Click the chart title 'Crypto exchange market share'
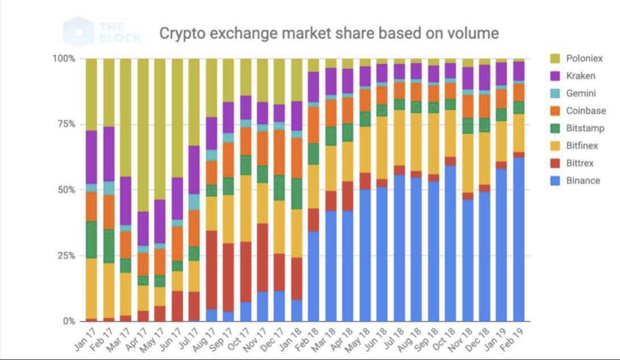click(329, 33)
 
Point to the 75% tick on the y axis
click(66, 124)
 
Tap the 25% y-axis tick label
click(66, 255)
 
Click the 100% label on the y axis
click(64, 59)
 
